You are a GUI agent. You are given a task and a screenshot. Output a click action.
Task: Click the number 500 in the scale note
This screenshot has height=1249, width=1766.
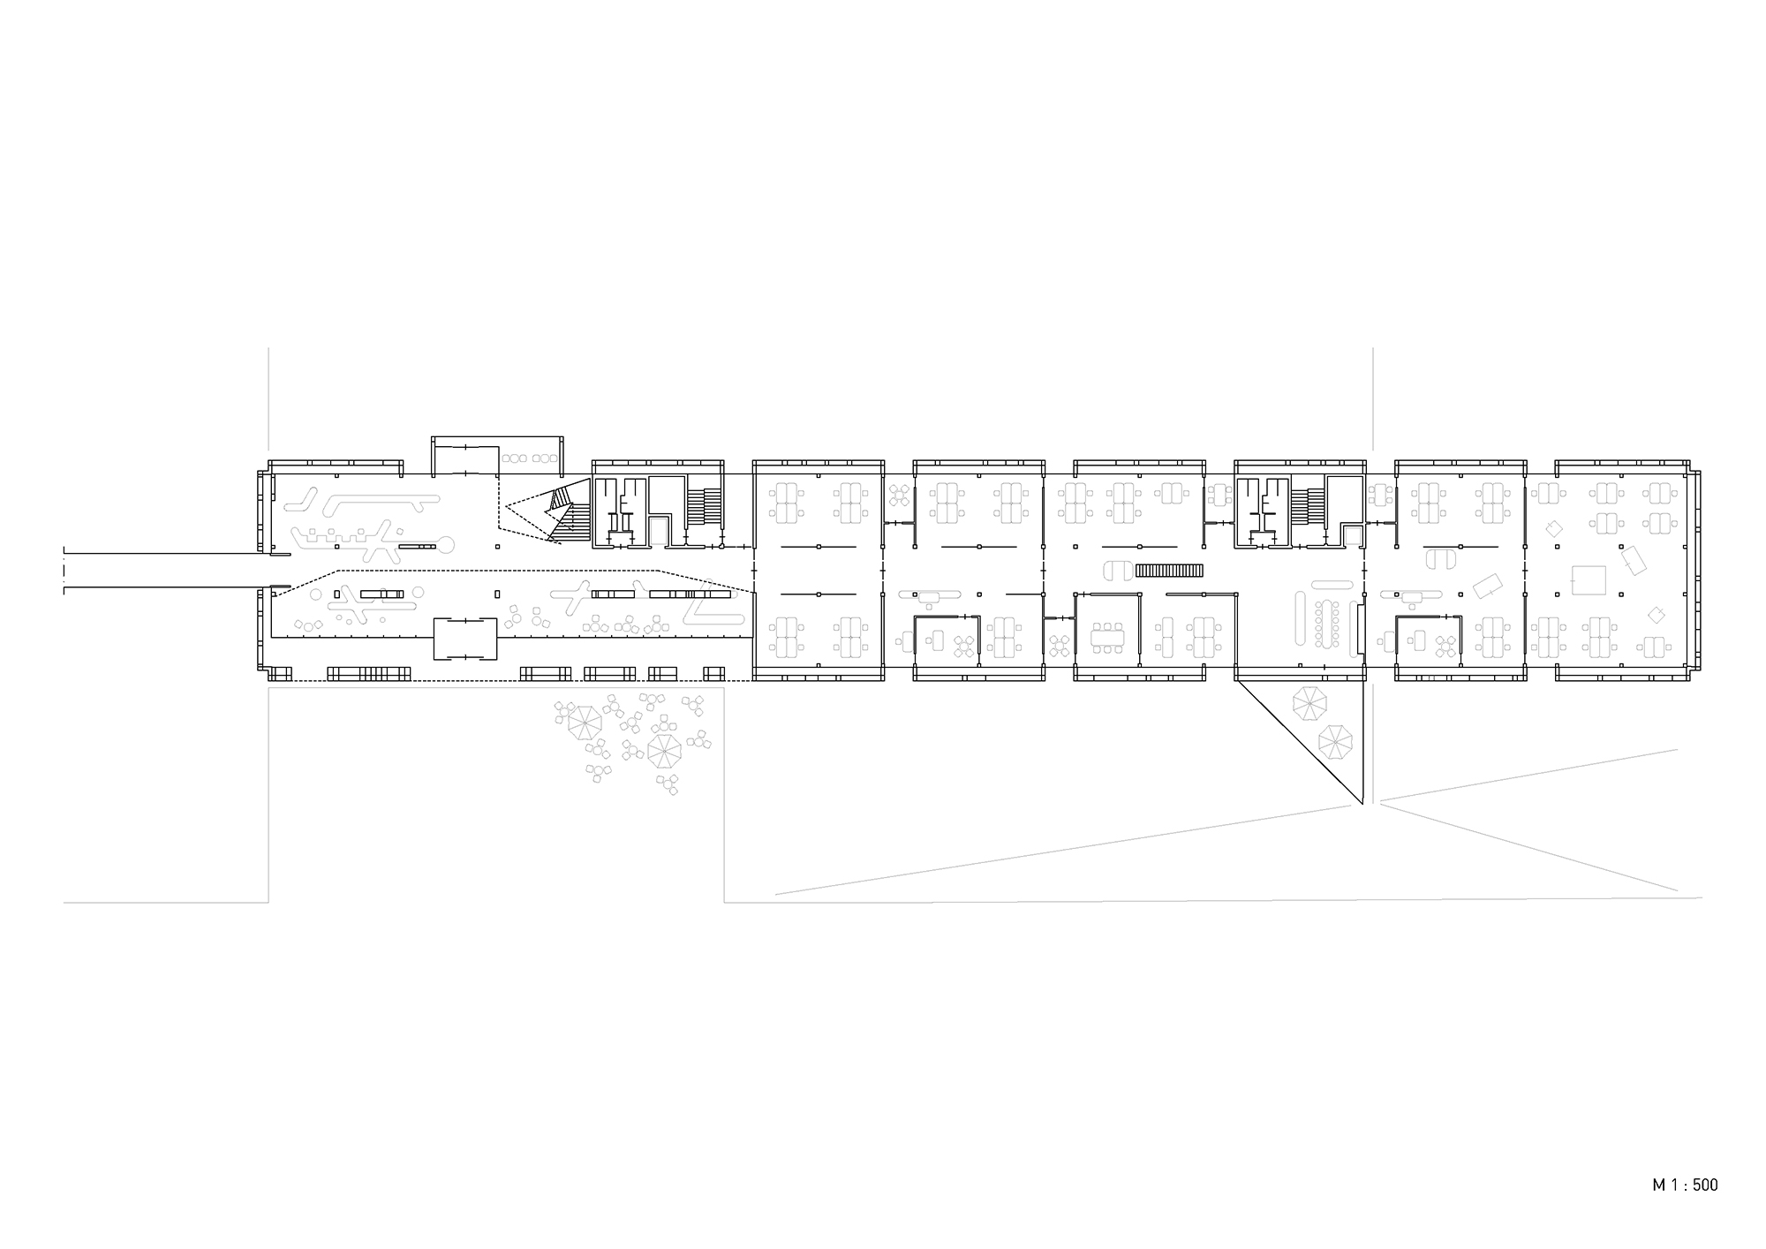click(1705, 1185)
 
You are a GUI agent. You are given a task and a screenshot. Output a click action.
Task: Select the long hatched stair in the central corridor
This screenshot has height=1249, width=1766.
click(1169, 571)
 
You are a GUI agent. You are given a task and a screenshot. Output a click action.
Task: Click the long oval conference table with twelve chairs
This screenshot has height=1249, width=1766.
click(1327, 623)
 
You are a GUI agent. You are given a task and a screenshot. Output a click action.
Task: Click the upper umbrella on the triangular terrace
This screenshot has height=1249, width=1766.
click(1309, 704)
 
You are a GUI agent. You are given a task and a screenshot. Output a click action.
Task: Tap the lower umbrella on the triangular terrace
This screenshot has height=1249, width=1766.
click(1335, 741)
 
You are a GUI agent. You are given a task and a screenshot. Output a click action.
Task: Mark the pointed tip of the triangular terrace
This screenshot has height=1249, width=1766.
click(1362, 804)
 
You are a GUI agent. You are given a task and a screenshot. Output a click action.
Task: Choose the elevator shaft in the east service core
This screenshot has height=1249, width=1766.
click(1351, 535)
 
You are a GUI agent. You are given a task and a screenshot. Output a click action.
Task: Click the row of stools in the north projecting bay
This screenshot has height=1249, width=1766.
click(529, 458)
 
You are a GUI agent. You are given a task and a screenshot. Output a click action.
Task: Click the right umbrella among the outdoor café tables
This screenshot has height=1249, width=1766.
click(664, 751)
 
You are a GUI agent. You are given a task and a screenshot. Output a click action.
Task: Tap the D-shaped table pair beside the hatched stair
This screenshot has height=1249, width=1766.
click(1119, 571)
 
